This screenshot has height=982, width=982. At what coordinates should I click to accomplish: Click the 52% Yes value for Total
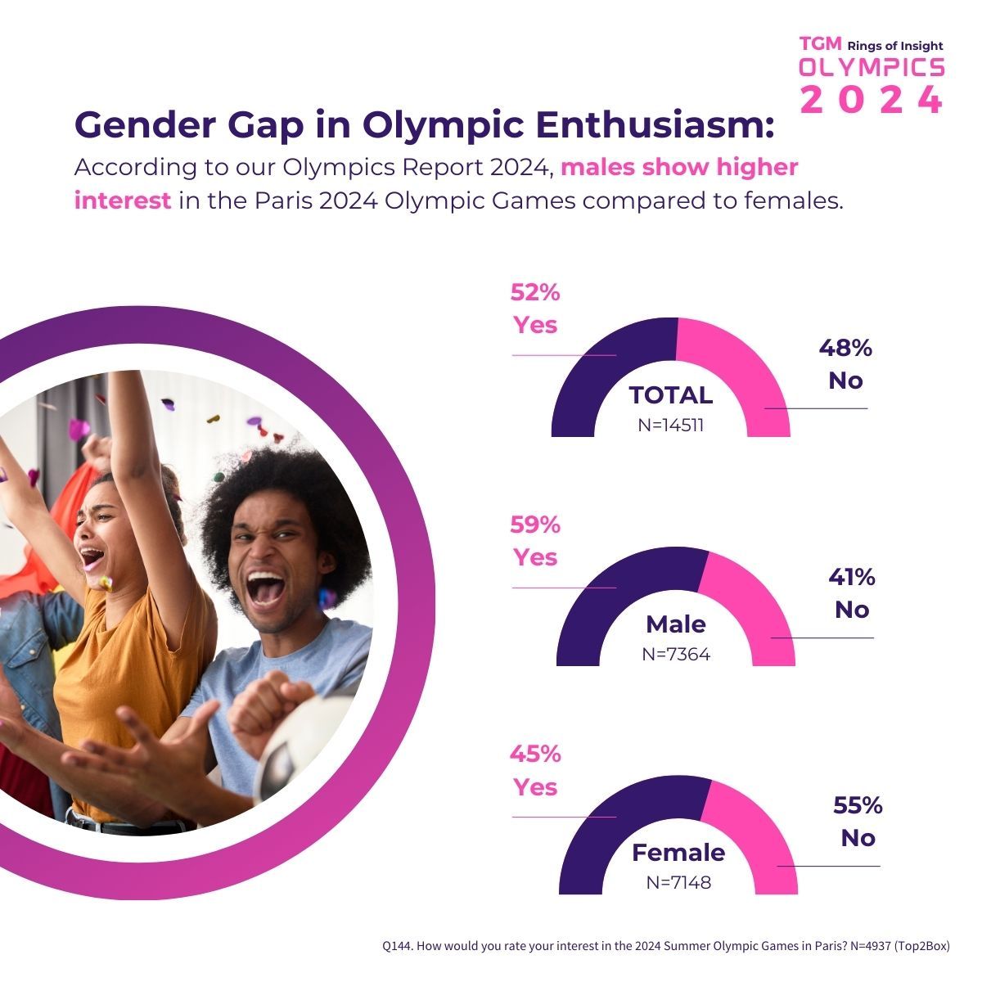pos(535,293)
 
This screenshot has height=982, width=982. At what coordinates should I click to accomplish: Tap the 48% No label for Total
pos(845,349)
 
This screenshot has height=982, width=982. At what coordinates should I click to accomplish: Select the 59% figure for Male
pos(535,525)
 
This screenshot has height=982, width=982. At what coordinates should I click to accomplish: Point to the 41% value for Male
pos(851,578)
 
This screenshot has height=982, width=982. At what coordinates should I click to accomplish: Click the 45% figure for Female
pos(535,754)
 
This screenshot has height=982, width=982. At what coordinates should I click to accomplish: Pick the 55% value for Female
pos(858,806)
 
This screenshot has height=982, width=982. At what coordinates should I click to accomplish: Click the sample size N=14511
pos(671,425)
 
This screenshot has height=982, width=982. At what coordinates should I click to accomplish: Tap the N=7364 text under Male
pos(676,655)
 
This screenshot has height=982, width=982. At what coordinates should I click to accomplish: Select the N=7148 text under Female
pos(678,883)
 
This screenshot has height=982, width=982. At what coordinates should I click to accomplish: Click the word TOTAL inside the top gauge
pos(671,396)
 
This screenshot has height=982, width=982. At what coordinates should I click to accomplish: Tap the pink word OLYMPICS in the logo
pos(872,67)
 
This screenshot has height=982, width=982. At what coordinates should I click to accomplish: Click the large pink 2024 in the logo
pos(872,100)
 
